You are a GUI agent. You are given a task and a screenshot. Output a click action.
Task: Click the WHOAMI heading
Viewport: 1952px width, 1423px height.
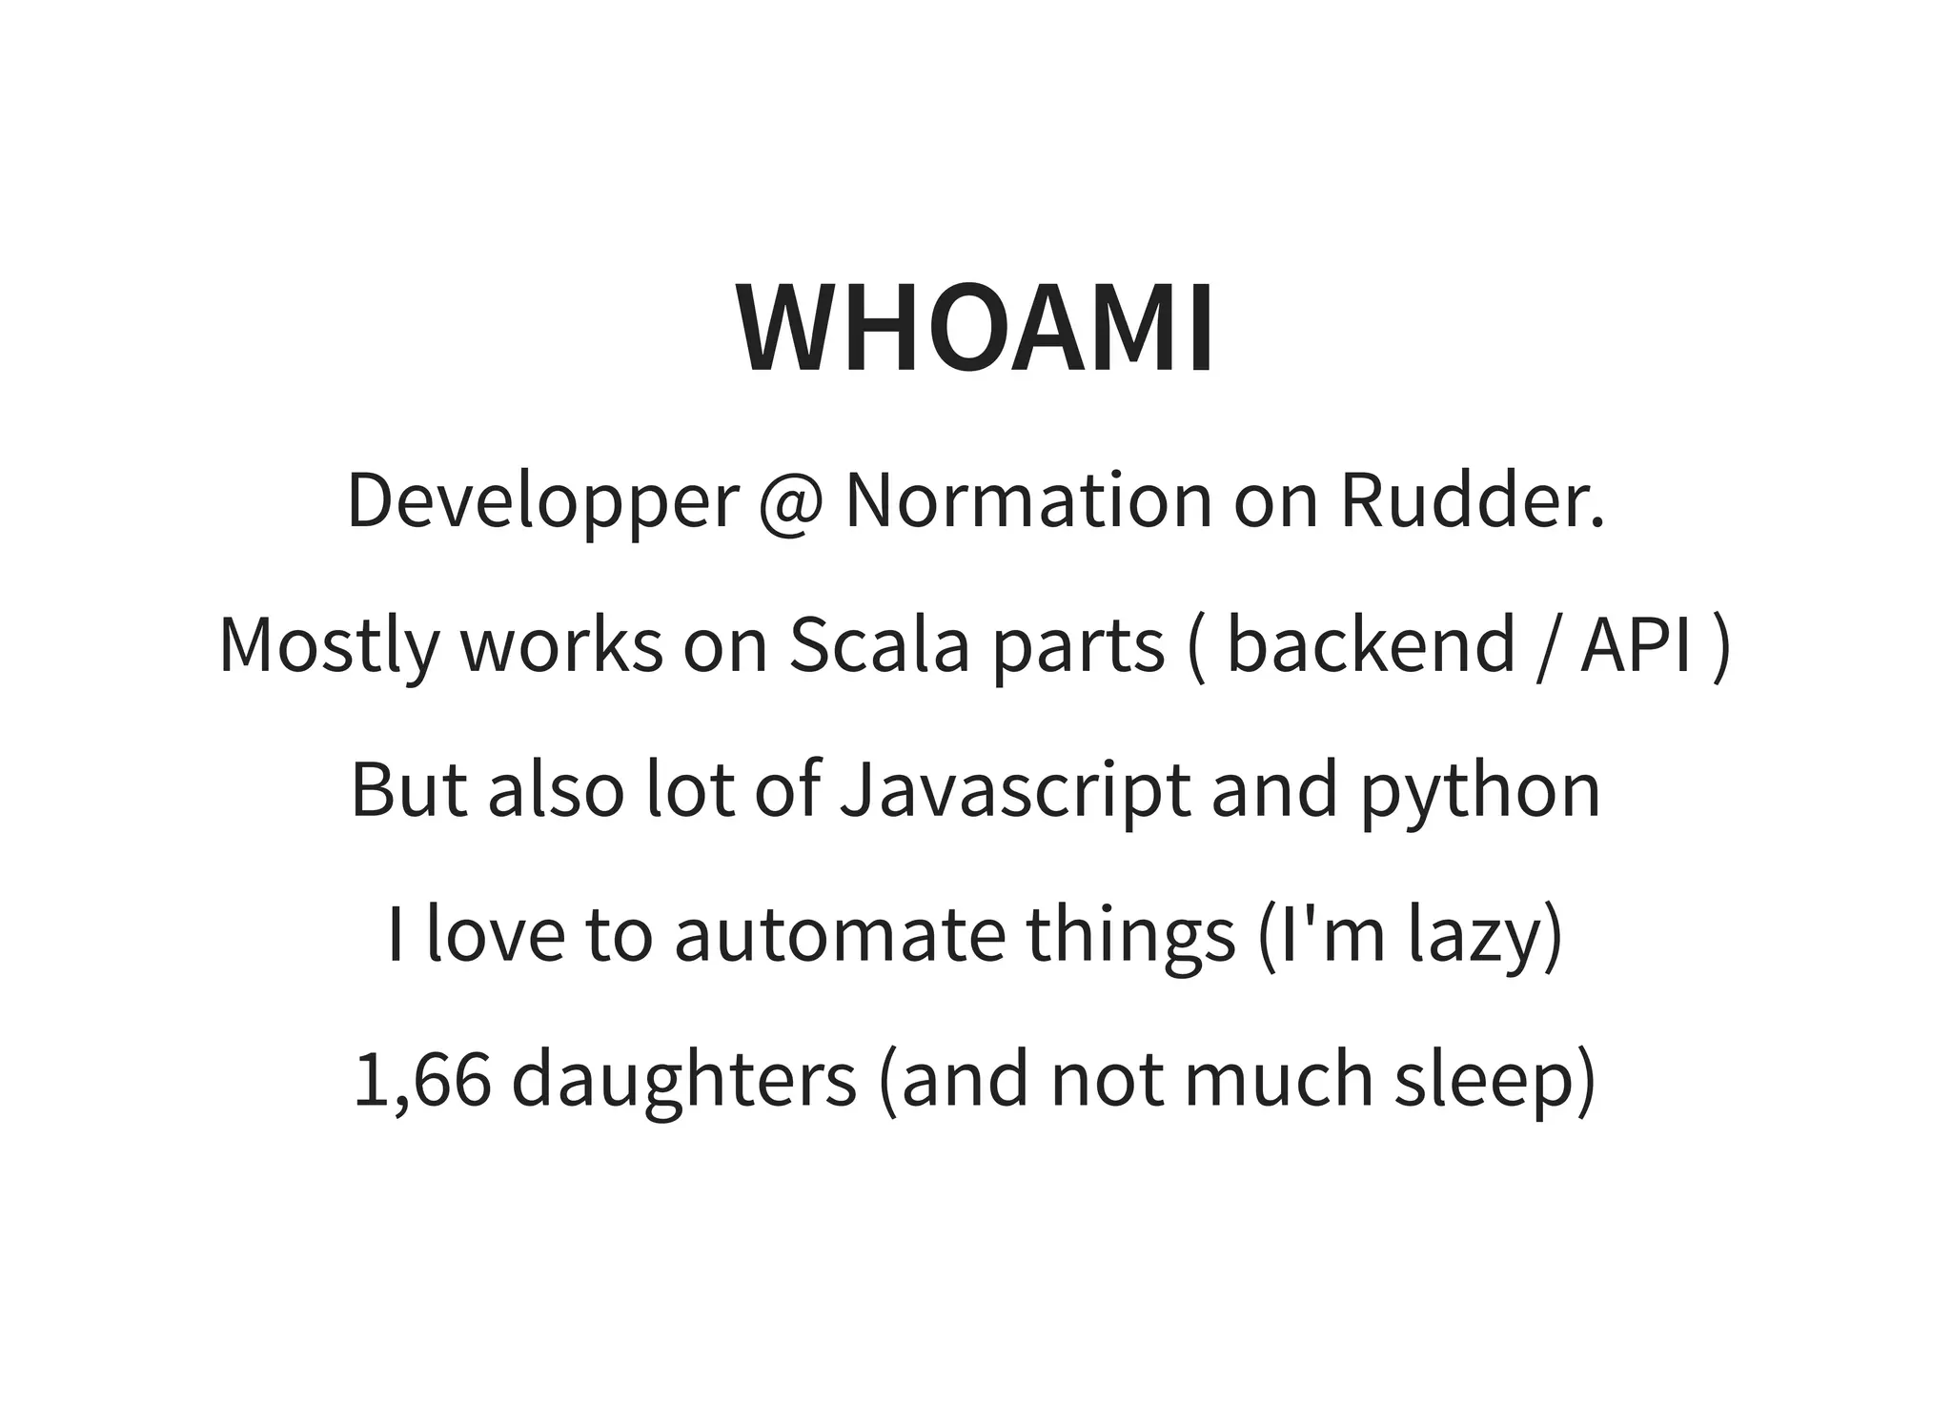click(975, 328)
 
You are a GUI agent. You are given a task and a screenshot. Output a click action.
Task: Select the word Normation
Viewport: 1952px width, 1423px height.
click(1028, 500)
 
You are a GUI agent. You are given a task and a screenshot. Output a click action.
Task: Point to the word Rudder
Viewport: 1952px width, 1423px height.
click(1473, 500)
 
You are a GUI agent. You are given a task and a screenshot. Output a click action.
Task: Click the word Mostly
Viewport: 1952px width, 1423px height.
click(329, 646)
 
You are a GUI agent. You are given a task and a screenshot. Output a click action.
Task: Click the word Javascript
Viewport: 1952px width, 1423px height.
click(1014, 791)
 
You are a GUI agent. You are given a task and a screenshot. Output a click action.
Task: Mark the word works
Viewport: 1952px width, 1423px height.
click(561, 645)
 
